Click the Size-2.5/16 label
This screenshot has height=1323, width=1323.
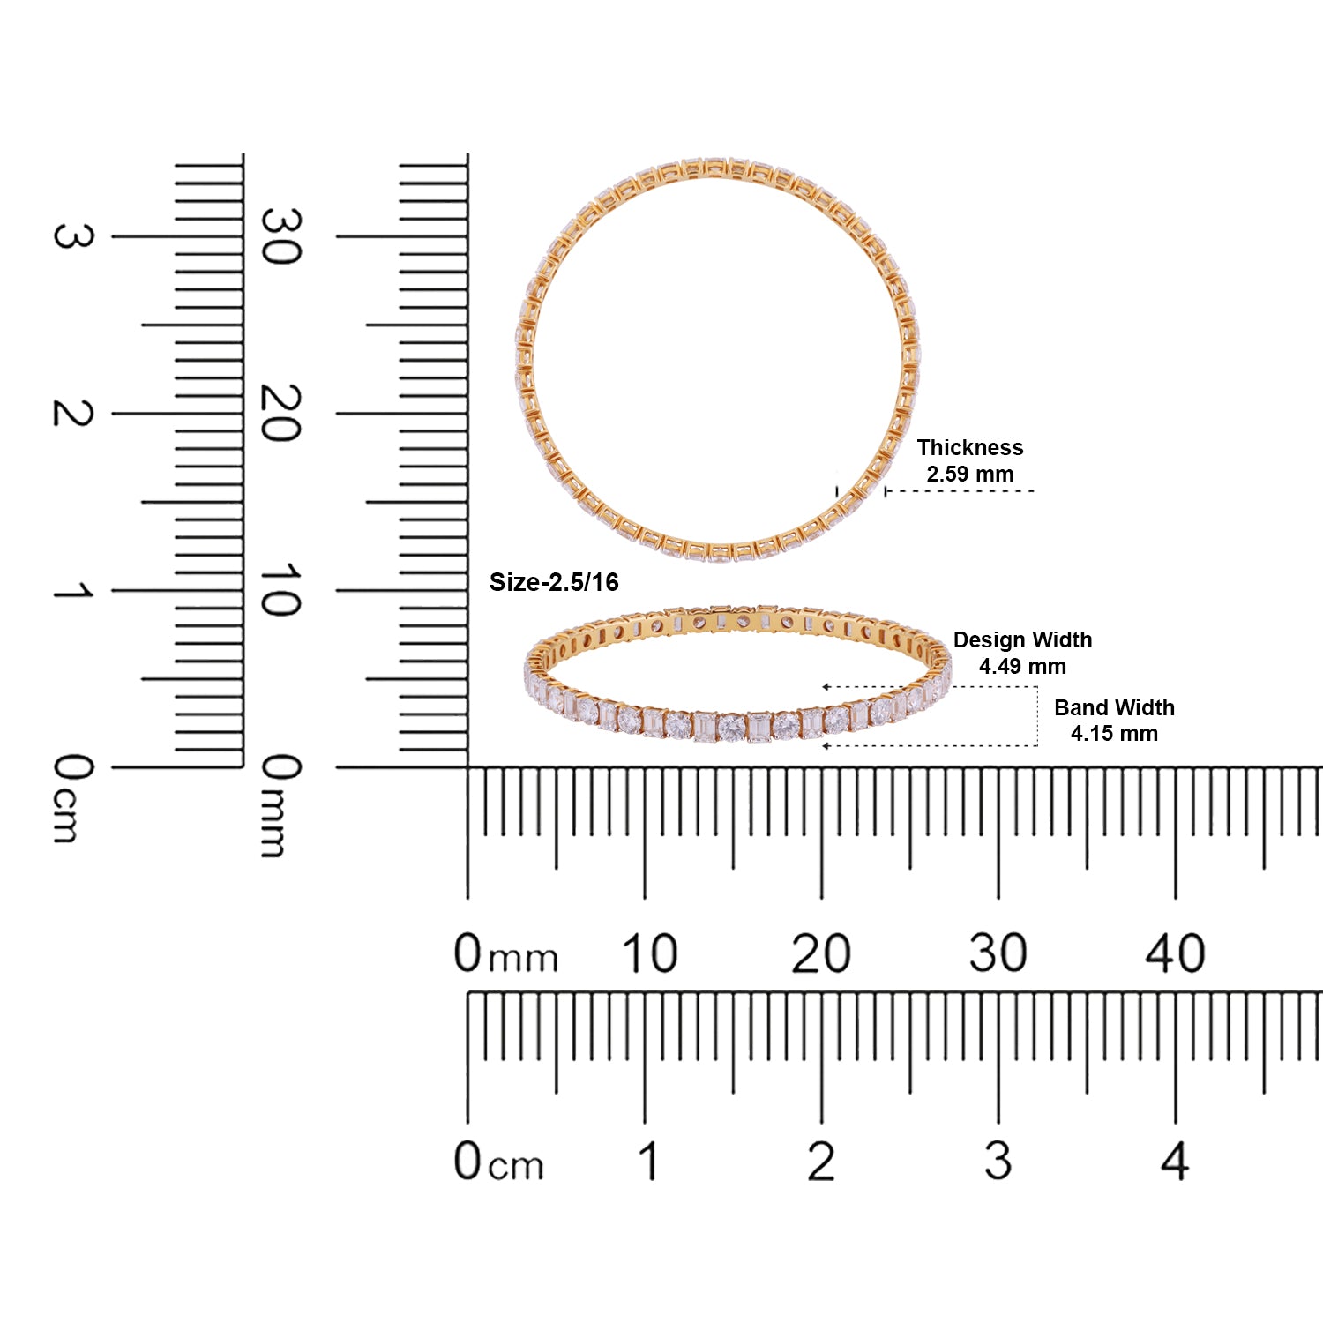pyautogui.click(x=554, y=582)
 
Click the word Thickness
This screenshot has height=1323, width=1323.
pyautogui.click(x=969, y=447)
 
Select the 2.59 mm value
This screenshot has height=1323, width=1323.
pyautogui.click(x=969, y=474)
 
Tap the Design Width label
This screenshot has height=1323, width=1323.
pyautogui.click(x=1022, y=639)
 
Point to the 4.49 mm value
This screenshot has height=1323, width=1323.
pyautogui.click(x=1022, y=666)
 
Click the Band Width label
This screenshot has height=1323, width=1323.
pyautogui.click(x=1114, y=707)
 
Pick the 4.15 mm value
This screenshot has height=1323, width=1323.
pyautogui.click(x=1114, y=733)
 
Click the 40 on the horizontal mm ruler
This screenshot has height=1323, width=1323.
pyautogui.click(x=1175, y=953)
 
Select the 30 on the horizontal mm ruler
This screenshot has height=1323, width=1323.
pyautogui.click(x=998, y=953)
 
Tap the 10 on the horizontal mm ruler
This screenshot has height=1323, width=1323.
pyautogui.click(x=649, y=953)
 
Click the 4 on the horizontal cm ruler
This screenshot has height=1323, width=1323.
pyautogui.click(x=1175, y=1162)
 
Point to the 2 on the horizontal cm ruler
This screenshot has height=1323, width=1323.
pyautogui.click(x=821, y=1162)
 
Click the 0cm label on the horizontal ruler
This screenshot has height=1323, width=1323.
pyautogui.click(x=498, y=1162)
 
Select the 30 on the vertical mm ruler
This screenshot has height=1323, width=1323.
pyautogui.click(x=280, y=236)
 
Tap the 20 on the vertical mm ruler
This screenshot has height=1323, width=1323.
pyautogui.click(x=280, y=413)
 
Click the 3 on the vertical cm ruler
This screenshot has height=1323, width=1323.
pyautogui.click(x=72, y=236)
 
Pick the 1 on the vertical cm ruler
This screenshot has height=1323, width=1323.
pyautogui.click(x=72, y=590)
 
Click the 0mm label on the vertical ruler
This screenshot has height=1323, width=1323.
pyautogui.click(x=280, y=804)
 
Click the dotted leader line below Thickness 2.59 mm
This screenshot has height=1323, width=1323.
pyautogui.click(x=961, y=490)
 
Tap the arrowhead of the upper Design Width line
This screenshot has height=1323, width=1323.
pyautogui.click(x=826, y=687)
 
